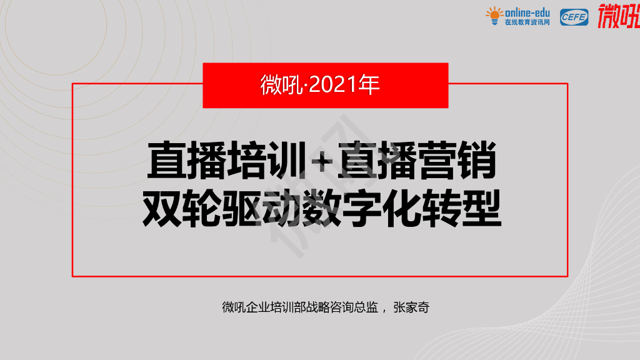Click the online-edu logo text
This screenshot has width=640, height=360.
[527, 12]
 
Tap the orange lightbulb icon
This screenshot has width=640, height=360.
[494, 15]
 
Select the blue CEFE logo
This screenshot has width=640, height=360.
[574, 17]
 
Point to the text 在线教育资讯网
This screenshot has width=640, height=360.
[527, 22]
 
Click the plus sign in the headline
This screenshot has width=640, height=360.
[322, 161]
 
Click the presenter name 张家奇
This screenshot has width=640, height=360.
[411, 307]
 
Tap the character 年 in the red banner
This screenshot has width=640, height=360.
[369, 86]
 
